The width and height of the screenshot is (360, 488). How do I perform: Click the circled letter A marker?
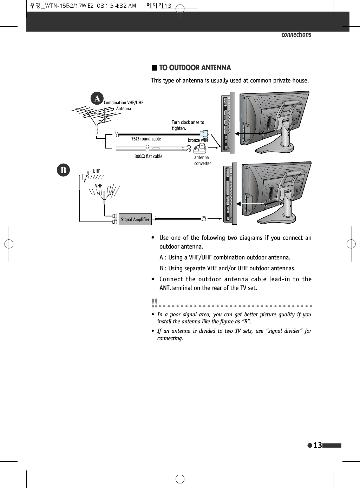click(97, 98)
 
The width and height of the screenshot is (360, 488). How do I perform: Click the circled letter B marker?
click(64, 170)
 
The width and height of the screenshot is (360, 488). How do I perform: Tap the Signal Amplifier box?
click(135, 219)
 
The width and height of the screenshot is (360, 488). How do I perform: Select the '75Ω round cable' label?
click(146, 139)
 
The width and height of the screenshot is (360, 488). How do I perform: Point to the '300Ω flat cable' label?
click(148, 157)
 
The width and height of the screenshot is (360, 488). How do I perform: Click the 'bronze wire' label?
click(198, 140)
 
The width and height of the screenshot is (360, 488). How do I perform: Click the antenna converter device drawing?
click(199, 149)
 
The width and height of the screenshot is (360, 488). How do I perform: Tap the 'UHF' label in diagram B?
click(96, 171)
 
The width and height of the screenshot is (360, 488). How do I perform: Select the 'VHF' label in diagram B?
click(98, 186)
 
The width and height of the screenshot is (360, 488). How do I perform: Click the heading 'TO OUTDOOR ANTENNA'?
click(195, 68)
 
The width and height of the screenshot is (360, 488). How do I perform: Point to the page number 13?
click(318, 446)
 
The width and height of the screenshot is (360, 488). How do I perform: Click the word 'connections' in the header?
click(296, 34)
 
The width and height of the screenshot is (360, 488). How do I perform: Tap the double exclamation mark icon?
click(154, 302)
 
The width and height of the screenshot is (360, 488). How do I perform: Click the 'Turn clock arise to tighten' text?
click(188, 125)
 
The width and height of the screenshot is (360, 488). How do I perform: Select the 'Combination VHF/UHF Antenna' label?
click(123, 106)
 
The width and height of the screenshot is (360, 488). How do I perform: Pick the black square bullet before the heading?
click(154, 68)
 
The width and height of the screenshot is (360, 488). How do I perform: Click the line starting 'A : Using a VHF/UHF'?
click(225, 257)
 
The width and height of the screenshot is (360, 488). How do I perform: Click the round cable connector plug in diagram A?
click(204, 134)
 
